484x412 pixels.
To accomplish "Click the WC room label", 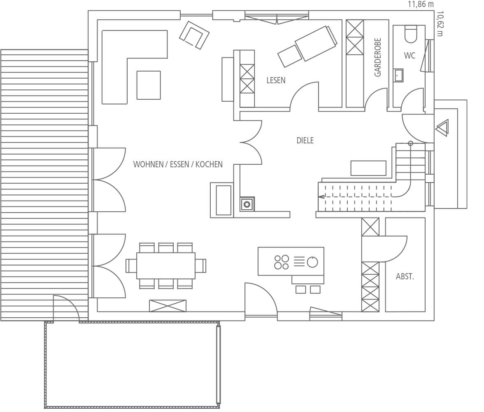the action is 410,56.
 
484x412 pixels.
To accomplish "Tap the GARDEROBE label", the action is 378,57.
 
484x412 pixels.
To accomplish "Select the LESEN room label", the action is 276,80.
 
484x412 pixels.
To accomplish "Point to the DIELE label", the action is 305,140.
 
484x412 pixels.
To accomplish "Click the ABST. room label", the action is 405,276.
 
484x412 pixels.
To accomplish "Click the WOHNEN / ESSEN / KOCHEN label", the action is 178,164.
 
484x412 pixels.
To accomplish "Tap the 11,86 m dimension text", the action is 421,5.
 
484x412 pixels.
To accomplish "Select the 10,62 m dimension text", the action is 440,24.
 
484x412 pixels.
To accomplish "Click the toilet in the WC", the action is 411,34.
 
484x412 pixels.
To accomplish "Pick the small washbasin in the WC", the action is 398,75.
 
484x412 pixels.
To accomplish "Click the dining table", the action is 166,266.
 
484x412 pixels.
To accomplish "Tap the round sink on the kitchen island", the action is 312,262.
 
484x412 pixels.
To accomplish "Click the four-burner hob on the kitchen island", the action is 281,262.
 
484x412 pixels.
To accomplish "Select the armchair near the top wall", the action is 194,35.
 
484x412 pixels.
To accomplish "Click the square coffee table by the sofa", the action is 149,85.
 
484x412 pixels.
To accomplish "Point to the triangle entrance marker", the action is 442,128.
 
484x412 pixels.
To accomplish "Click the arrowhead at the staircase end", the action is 321,196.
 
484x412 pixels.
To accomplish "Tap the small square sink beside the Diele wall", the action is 247,204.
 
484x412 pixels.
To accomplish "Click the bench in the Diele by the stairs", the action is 368,168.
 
